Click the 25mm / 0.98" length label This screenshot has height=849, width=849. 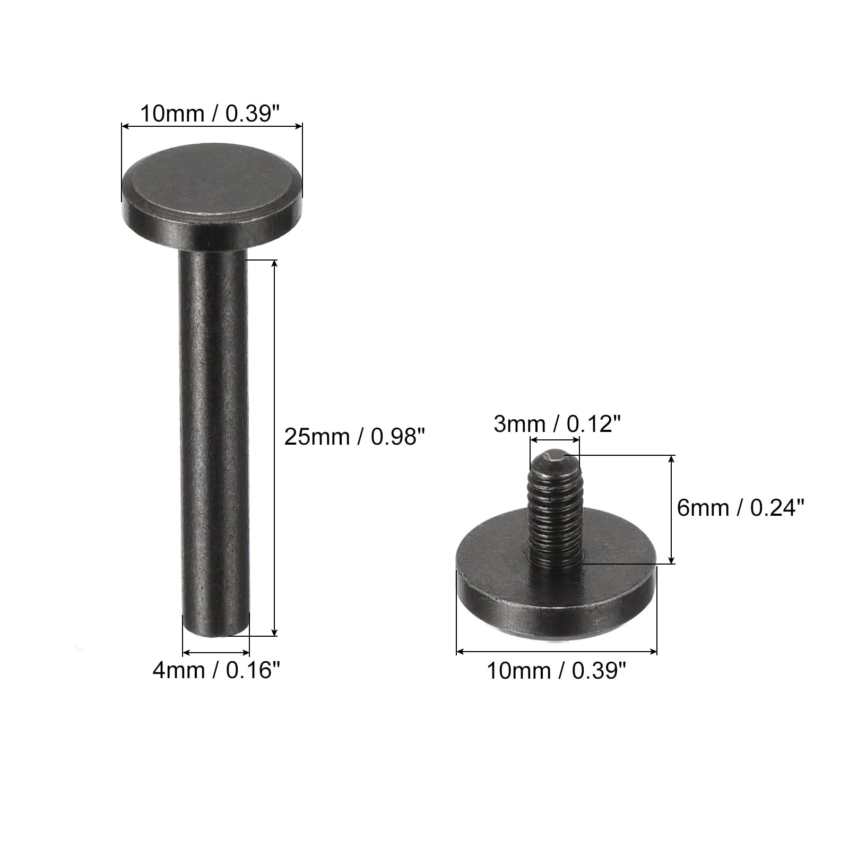coord(355,437)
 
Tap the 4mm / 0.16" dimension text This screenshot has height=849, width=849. coord(216,671)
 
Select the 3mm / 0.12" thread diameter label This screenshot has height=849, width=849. coord(557,424)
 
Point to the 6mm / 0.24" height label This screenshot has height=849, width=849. coord(741,508)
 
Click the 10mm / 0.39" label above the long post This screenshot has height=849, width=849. coord(210,114)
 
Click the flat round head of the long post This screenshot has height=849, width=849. coord(212,204)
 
